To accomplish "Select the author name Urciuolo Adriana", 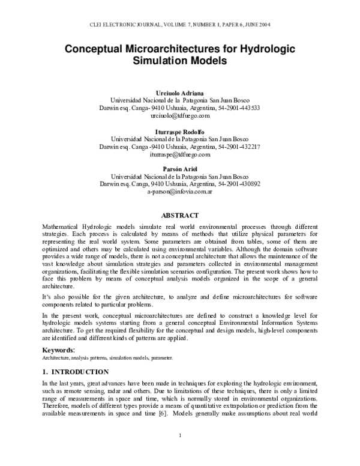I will coord(180,91).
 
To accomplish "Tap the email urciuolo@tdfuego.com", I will coord(180,115).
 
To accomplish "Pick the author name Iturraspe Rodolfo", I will coord(180,130).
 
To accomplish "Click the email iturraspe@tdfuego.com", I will coord(180,154).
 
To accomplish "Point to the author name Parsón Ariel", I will coord(180,169).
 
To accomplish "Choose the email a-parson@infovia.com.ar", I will coord(180,192).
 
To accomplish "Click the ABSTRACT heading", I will coord(180,214).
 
